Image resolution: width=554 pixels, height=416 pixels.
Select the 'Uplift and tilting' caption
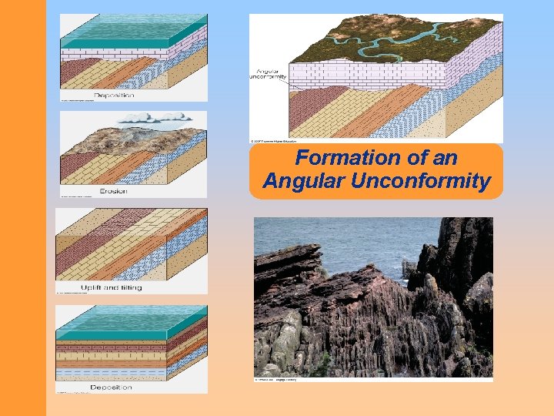tap(112, 287)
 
